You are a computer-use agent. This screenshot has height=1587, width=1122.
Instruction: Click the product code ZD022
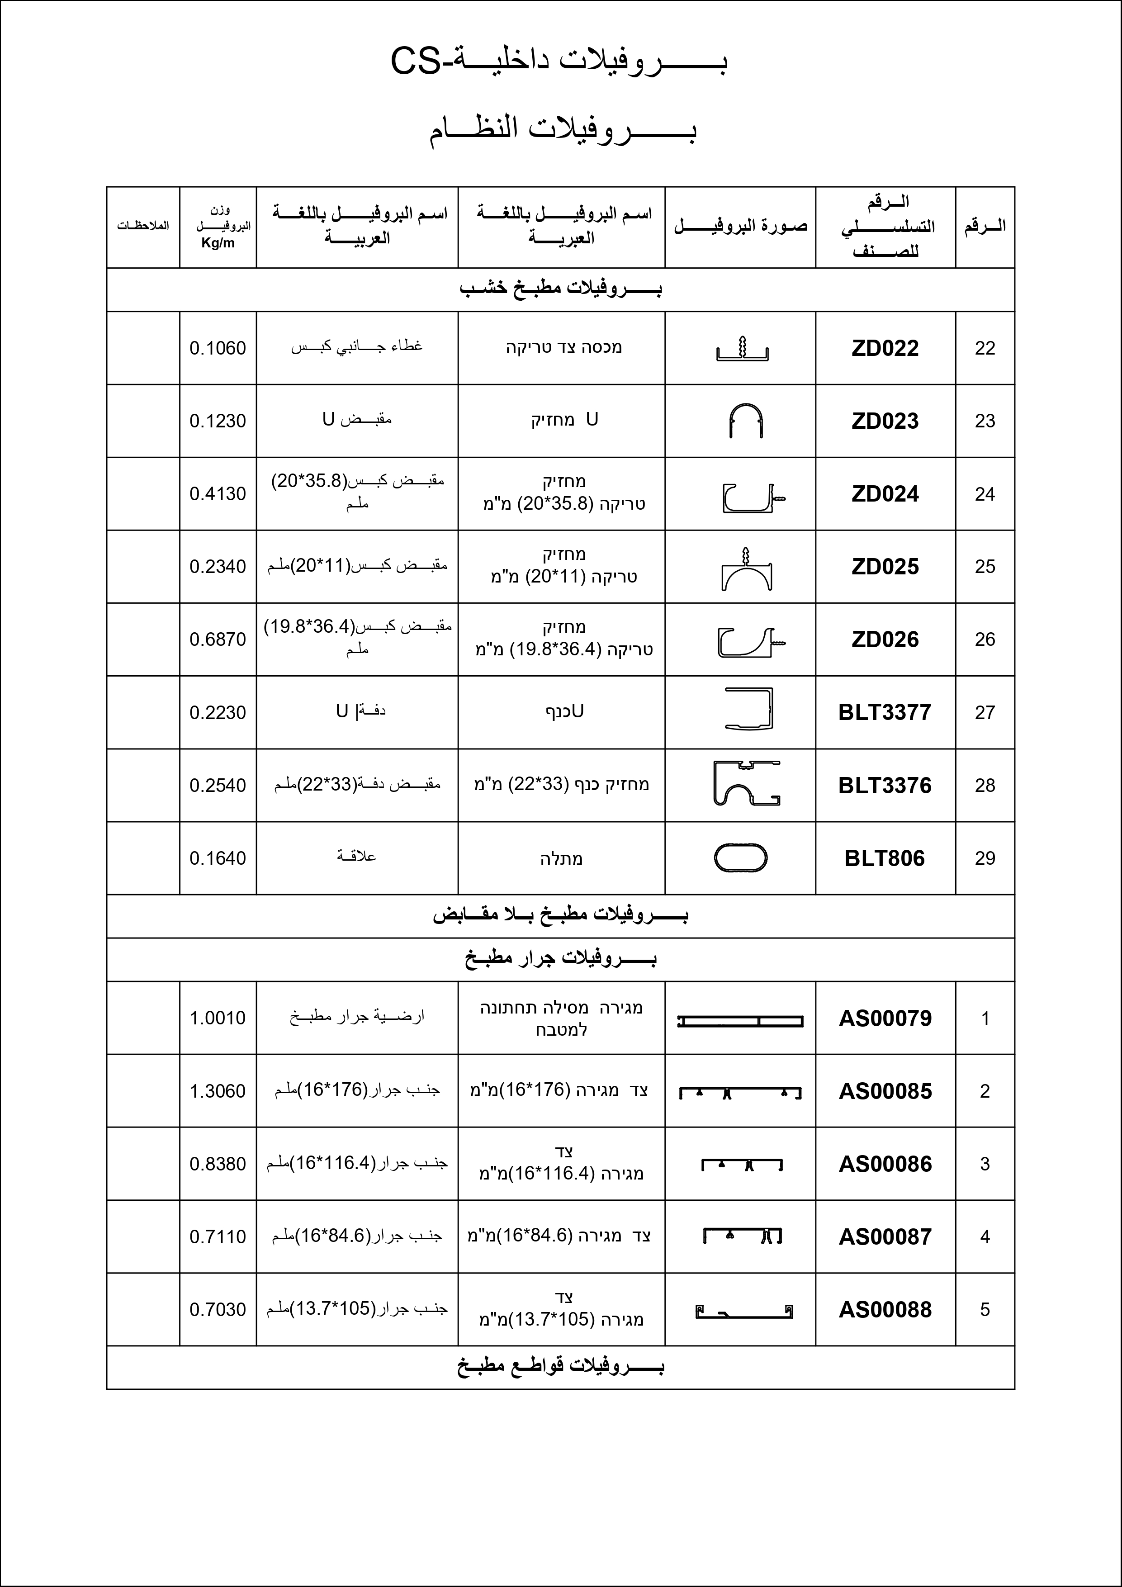[885, 348]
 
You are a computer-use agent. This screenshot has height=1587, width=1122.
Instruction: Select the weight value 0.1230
[218, 421]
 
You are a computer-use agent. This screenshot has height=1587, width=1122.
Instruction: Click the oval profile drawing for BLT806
[740, 858]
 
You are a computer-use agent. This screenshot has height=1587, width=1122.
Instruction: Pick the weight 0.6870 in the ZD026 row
[218, 640]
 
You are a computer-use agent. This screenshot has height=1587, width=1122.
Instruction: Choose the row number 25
[985, 567]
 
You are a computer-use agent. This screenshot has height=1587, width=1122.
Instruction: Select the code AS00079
[885, 1018]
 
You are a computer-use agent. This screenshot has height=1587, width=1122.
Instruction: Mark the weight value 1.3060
[218, 1091]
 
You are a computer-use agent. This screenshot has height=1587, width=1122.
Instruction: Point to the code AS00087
[885, 1236]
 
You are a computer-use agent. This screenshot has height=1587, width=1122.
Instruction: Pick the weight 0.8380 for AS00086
[218, 1164]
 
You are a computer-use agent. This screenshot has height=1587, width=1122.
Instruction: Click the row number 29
[985, 858]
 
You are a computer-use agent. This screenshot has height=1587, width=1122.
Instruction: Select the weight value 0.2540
[218, 785]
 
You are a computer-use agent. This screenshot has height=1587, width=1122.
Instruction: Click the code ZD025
[885, 567]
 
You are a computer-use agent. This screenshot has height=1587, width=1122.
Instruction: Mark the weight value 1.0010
[218, 1018]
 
